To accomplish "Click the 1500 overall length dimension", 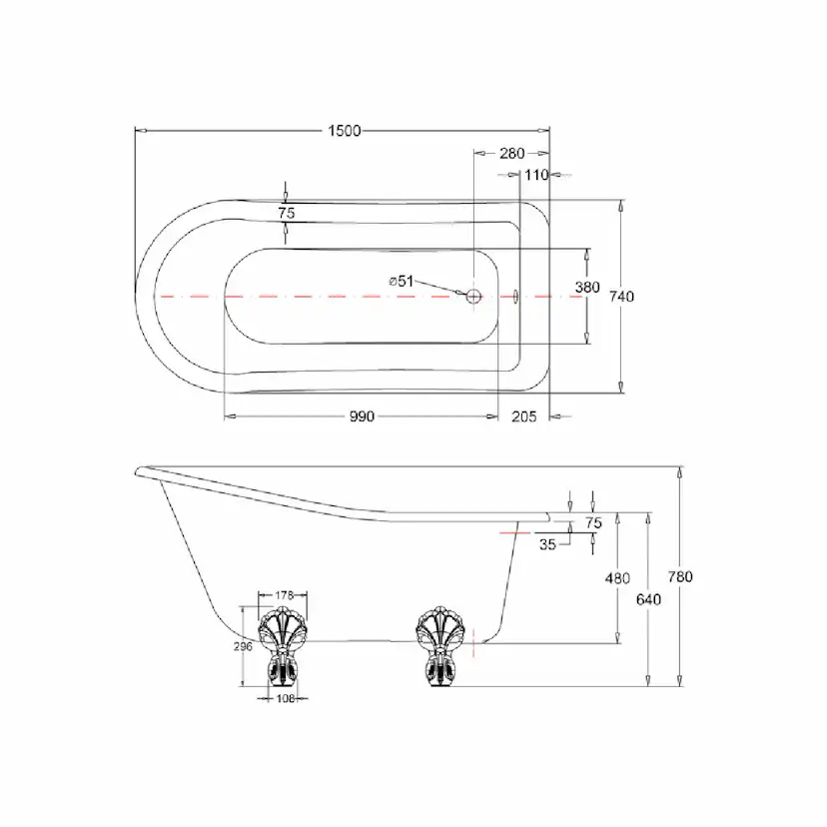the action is tap(345, 130).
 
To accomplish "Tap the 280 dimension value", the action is tap(512, 153).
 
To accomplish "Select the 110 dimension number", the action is tap(536, 175).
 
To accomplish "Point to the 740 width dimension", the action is tap(621, 297).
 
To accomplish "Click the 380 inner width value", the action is tap(587, 287).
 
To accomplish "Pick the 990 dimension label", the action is tap(362, 416).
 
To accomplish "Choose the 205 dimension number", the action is tap(523, 416).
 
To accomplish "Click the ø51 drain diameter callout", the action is tap(401, 281).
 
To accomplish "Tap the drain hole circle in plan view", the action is tap(473, 297).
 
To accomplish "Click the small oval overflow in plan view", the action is tap(516, 297).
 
